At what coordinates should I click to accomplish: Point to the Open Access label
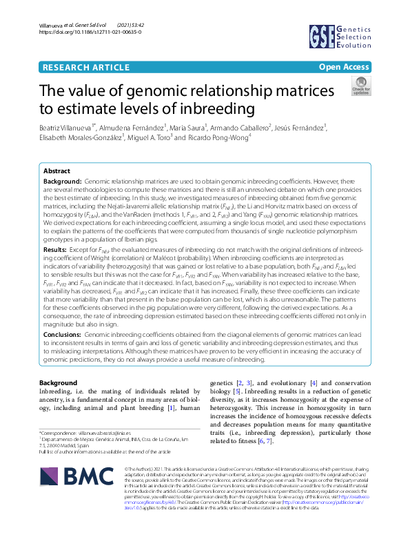pos(344,67)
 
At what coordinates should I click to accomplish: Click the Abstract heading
pos(57,171)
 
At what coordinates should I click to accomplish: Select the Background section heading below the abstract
pos(58,382)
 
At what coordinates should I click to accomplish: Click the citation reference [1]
pos(151,408)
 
